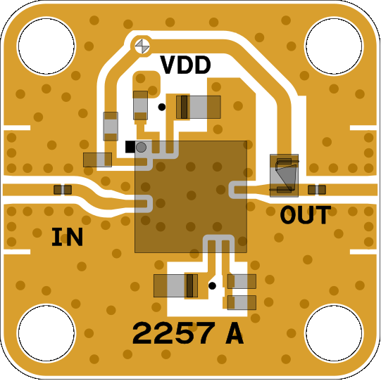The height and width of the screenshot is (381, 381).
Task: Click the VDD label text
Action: coord(185,65)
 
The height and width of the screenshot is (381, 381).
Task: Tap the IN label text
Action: coord(67,237)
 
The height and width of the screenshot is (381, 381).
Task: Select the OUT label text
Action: coord(306,215)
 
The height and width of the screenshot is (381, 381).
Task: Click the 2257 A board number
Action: coord(188,333)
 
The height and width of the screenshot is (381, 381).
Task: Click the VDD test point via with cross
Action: coord(142,46)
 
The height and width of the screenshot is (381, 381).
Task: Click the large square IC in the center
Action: coord(191,197)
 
